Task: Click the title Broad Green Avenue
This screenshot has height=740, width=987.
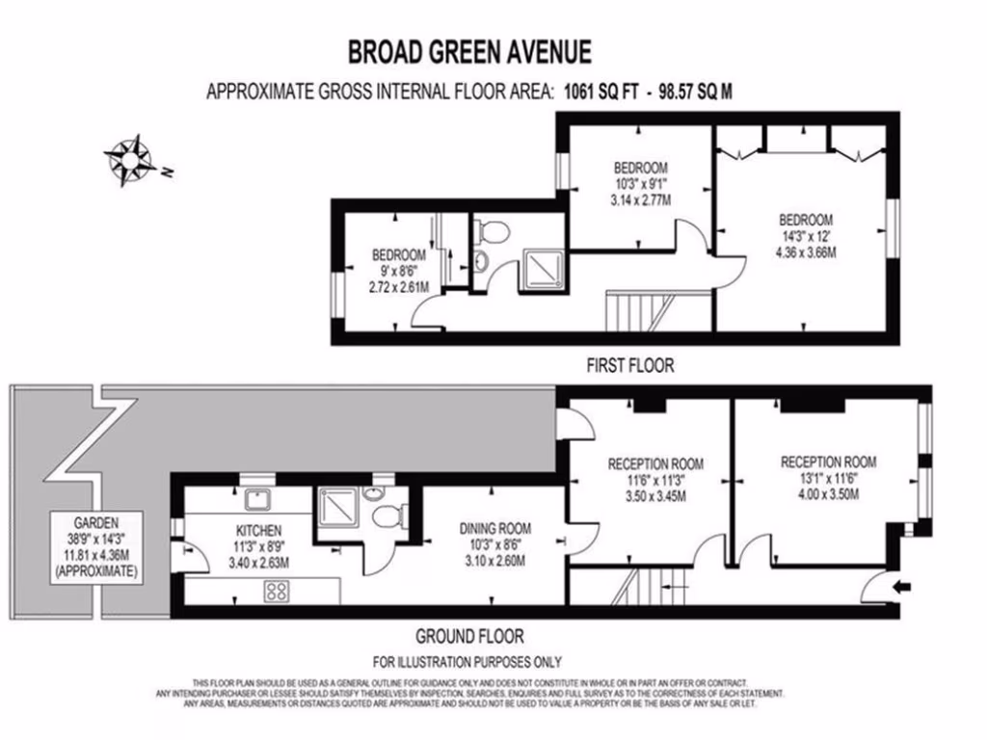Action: point(469,50)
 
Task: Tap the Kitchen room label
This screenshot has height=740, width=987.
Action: point(257,530)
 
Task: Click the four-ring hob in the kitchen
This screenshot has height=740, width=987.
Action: point(276,592)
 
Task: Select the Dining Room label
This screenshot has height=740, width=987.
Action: point(495,528)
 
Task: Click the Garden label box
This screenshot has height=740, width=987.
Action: point(96,544)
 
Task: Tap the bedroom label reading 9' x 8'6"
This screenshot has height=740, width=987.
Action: point(399,272)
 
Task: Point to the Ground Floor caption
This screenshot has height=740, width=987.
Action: point(469,636)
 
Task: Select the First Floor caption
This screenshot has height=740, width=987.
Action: point(630,365)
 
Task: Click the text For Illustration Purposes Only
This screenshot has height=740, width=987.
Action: point(467,662)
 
